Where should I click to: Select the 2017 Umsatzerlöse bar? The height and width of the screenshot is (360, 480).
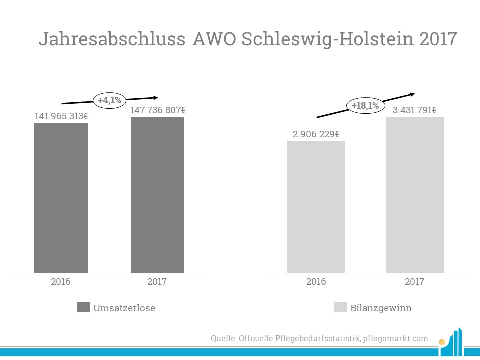(x=157, y=195)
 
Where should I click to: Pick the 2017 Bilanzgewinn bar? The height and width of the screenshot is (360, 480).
(x=414, y=195)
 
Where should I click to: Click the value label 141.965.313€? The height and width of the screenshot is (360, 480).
(x=61, y=116)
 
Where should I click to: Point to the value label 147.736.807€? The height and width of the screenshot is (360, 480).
(x=158, y=110)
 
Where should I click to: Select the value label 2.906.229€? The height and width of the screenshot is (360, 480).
(x=316, y=134)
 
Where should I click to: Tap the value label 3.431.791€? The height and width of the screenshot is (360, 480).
(x=415, y=110)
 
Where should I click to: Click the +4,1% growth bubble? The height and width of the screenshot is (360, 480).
(x=109, y=100)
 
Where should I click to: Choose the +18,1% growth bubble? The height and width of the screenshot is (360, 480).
(x=365, y=106)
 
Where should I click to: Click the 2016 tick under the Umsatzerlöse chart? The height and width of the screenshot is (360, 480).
(x=61, y=281)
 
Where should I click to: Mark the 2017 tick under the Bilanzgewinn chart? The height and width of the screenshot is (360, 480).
(x=414, y=281)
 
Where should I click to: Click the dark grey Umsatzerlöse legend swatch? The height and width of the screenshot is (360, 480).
(x=84, y=307)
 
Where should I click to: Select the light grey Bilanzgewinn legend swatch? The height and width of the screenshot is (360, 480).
(x=340, y=307)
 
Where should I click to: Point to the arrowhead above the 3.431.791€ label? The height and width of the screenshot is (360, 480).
(x=412, y=94)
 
